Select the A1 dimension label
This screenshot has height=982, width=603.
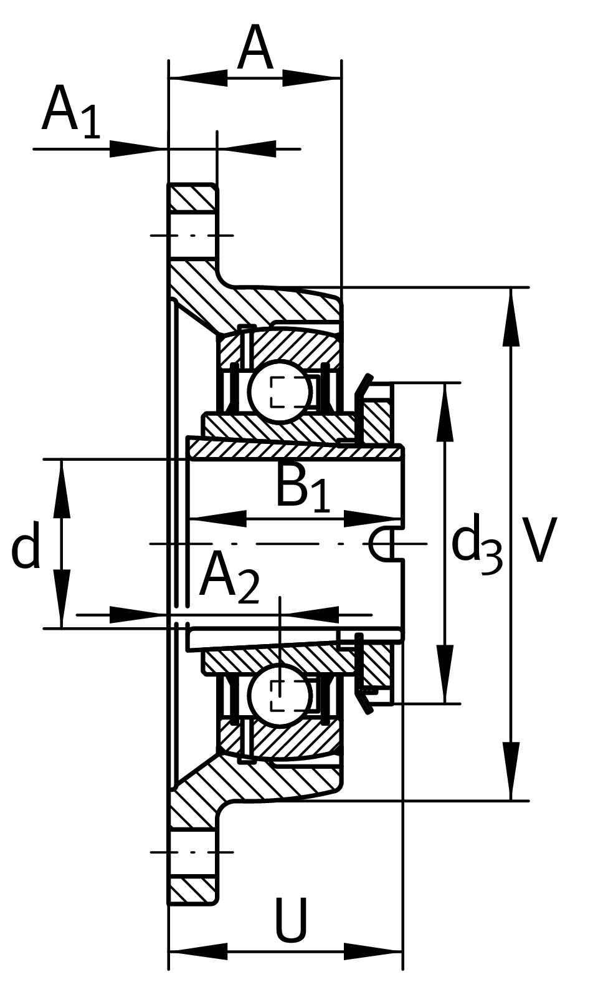(x=70, y=112)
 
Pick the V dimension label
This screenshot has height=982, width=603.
(x=539, y=540)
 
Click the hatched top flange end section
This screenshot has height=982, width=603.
(x=193, y=198)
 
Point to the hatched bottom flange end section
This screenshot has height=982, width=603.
(x=193, y=890)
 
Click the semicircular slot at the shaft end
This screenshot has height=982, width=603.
(x=382, y=544)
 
